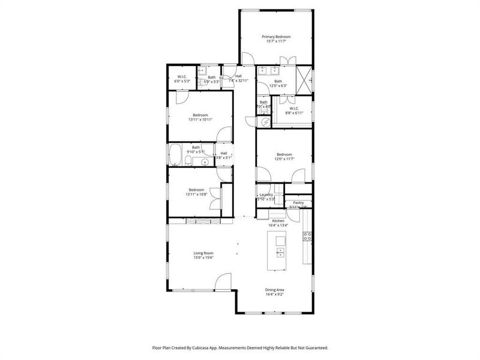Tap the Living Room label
tap(203, 253)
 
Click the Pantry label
tap(298, 203)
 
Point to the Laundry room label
tap(266, 194)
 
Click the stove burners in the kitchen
tap(307, 236)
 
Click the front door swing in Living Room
tap(223, 281)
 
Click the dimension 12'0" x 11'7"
tap(284, 159)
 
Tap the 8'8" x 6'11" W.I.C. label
tap(294, 111)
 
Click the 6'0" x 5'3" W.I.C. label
tap(182, 79)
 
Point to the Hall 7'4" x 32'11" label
tap(238, 78)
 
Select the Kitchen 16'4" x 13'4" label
tap(278, 223)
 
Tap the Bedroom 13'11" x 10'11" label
tap(200, 117)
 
